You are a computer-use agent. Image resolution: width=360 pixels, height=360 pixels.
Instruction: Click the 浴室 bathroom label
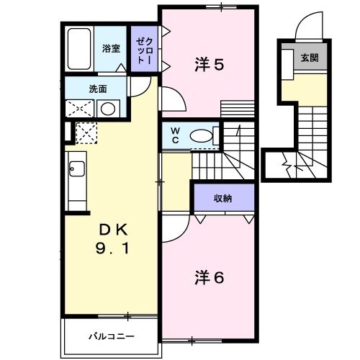tap(110, 49)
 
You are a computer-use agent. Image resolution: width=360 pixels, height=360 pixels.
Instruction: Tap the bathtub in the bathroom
tap(78, 49)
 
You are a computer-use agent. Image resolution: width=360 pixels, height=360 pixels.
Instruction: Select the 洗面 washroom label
tap(98, 89)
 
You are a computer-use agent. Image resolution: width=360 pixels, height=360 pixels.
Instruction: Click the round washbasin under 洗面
tap(108, 109)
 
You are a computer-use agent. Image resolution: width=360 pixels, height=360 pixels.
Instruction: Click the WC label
tap(174, 135)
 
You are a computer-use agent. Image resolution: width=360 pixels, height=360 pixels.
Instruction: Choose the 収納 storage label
tap(222, 198)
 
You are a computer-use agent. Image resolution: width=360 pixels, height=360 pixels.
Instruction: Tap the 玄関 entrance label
tap(309, 58)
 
